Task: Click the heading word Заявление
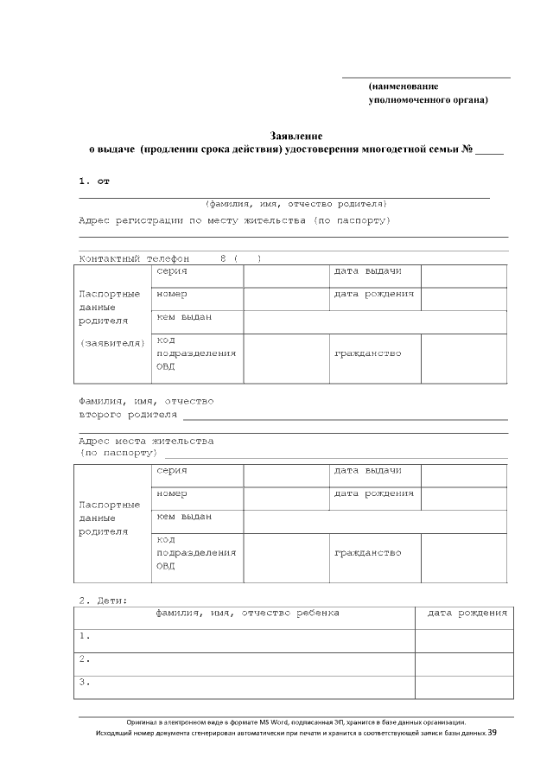click(x=296, y=136)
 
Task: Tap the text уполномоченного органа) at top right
click(x=428, y=100)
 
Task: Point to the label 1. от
click(x=94, y=181)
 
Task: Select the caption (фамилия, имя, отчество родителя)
click(x=296, y=204)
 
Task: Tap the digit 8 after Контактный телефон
click(x=223, y=258)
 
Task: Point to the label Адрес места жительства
click(x=146, y=441)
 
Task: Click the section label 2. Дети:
click(x=103, y=599)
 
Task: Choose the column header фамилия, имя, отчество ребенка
click(x=247, y=613)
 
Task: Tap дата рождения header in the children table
click(x=467, y=613)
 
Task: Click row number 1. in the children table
click(x=85, y=636)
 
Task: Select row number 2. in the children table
click(x=85, y=659)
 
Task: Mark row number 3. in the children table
click(x=85, y=683)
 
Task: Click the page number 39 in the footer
click(x=492, y=733)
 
